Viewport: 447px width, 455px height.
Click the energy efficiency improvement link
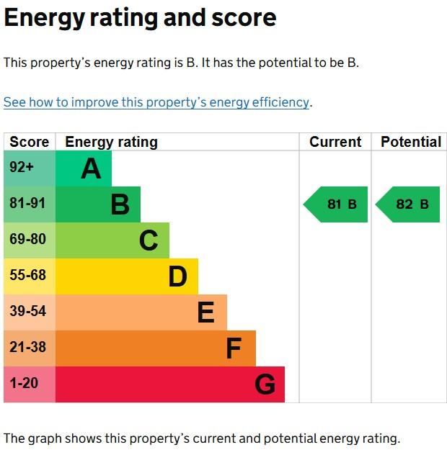coord(156,102)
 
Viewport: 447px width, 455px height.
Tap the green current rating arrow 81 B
coord(336,204)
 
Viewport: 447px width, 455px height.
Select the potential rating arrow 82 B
coord(408,204)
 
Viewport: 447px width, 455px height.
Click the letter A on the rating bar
coord(91,168)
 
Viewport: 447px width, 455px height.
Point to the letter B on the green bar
coord(120,204)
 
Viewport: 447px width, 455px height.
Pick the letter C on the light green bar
coord(149,240)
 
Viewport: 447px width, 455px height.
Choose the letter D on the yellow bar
coord(177,276)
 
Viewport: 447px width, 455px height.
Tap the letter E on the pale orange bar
coord(205,312)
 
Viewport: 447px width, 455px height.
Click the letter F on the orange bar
coord(234,348)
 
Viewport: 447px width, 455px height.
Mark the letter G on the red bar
coord(265,384)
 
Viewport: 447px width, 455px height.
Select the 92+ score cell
coord(22,167)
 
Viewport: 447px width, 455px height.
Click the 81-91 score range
coord(27,203)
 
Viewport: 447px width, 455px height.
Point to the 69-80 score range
coord(27,239)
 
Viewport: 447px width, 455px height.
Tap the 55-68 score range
coord(27,275)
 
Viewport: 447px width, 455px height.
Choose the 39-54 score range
coord(27,311)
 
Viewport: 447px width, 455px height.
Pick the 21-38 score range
coord(27,347)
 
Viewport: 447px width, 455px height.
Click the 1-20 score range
coord(25,383)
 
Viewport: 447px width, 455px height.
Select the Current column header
coord(335,142)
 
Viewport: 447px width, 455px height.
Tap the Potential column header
coord(411,142)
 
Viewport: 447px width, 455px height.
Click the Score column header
coord(30,142)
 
